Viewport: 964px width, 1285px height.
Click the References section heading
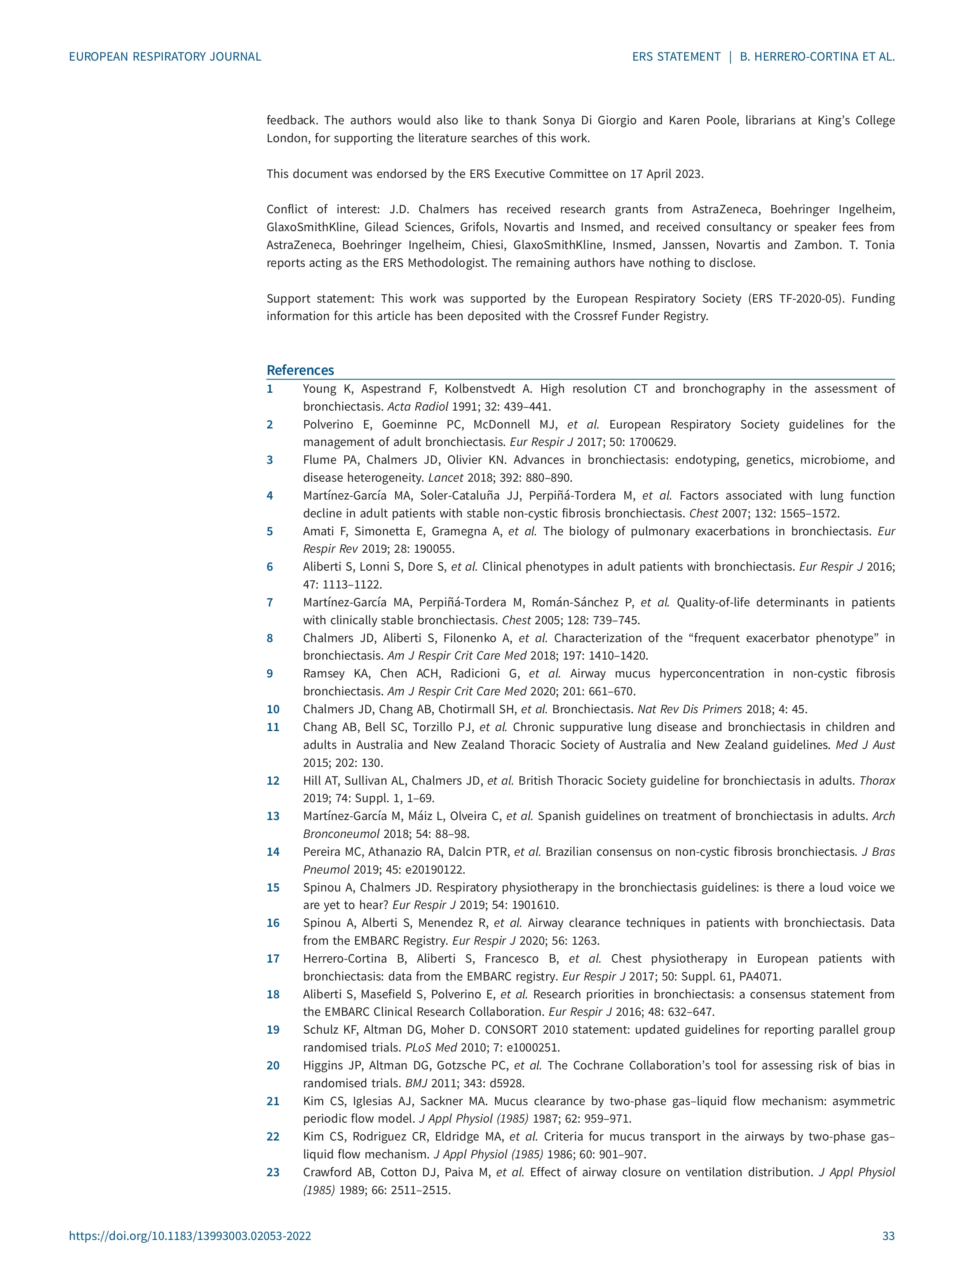[300, 370]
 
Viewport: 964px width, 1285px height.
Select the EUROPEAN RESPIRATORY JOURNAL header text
[165, 56]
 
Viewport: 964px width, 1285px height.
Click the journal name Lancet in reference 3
[446, 477]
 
